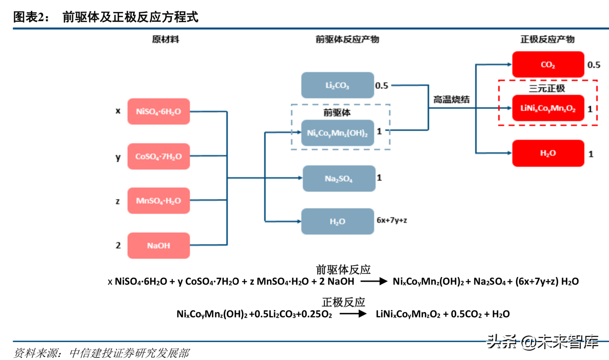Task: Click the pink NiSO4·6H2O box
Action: (x=159, y=111)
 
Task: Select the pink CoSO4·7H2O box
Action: (x=159, y=156)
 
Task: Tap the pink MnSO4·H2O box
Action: (x=159, y=201)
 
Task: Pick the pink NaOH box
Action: (x=159, y=246)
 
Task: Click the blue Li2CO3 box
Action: (x=337, y=85)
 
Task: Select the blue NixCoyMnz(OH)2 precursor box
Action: (x=337, y=133)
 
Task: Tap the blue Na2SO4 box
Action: (x=339, y=179)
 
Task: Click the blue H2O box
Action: (x=337, y=221)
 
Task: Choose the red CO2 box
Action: (x=548, y=64)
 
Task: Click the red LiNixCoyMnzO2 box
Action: (x=548, y=108)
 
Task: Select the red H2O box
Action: (x=548, y=153)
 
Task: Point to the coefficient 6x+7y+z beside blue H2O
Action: (x=392, y=220)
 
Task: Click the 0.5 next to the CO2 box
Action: (x=594, y=65)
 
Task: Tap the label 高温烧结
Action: (x=451, y=100)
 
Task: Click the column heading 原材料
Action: (x=166, y=39)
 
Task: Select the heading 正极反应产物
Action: (x=547, y=39)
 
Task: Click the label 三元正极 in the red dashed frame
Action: (x=547, y=88)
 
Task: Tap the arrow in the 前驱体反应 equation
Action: (x=374, y=281)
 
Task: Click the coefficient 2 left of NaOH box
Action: (x=118, y=245)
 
